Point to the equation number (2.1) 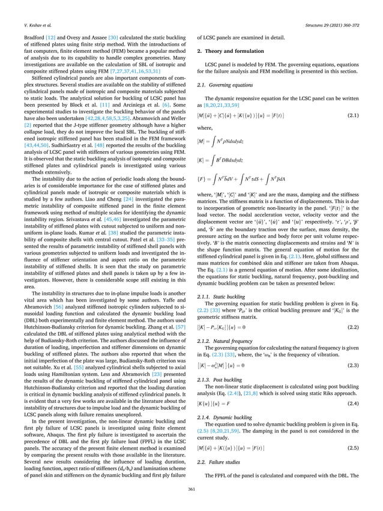pos(354,114)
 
